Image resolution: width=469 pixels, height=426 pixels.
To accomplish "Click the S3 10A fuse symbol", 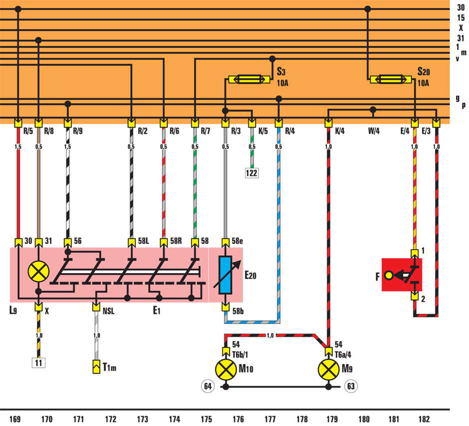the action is pos(249,79).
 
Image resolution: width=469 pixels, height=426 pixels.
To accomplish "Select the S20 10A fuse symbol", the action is pos(390,79).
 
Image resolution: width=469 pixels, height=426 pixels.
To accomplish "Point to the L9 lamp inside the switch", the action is pos(38,272).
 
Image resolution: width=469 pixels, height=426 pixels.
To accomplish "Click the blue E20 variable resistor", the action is pos(225,275).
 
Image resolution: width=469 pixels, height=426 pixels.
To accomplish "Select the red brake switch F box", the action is pos(402,275).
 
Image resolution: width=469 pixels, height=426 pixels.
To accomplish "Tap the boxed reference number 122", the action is pos(251,173).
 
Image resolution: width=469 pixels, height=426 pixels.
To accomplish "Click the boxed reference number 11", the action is pos(38,363).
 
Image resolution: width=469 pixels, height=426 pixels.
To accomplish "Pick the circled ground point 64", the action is pos(208,386).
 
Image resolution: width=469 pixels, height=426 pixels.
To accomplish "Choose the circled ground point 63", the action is pos(351,386).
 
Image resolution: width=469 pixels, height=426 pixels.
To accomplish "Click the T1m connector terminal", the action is pos(96,367).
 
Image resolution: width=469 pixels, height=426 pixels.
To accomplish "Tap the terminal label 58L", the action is pos(144,241).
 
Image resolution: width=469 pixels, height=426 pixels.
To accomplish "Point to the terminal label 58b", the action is pos(238,311).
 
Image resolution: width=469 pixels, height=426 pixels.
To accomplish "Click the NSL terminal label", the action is pos(109,311).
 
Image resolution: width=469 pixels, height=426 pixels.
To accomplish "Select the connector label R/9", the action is pos(78,131).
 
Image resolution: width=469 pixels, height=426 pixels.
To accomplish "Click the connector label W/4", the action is pos(374,131).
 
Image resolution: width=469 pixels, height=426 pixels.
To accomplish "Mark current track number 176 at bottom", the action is pos(238,419).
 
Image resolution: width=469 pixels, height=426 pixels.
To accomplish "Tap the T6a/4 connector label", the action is pos(343,355).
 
